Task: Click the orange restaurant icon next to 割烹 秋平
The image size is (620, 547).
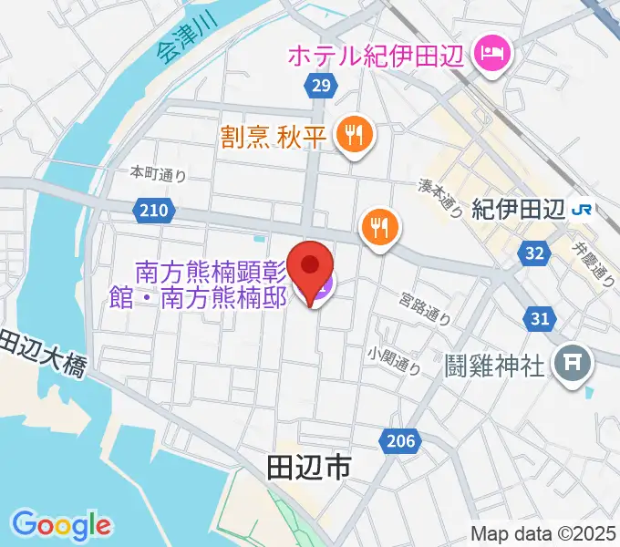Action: coord(351,136)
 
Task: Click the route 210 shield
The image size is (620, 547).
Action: coord(153,212)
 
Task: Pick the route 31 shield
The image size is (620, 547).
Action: coord(540,317)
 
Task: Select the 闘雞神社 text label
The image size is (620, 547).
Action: coord(496,366)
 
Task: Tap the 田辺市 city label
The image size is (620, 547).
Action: coord(308,469)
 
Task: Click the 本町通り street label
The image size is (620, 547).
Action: coord(158,173)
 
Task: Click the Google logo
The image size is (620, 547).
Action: coord(61,525)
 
